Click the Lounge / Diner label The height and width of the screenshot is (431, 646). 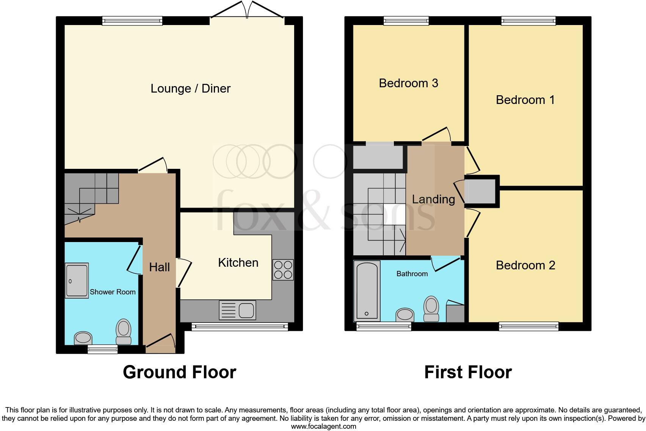point(190,88)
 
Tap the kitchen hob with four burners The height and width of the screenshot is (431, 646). point(283,270)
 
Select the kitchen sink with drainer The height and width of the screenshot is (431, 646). point(237,310)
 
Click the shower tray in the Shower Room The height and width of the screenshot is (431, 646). point(77,281)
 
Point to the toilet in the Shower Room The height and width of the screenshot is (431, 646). point(124,332)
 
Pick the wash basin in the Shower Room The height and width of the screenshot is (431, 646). point(83,338)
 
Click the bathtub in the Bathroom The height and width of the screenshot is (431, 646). point(367,290)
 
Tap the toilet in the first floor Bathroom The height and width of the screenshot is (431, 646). point(431,310)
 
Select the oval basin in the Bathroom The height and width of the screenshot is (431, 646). point(405,315)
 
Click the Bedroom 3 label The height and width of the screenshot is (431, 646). point(408,83)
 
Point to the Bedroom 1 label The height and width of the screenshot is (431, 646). point(525,100)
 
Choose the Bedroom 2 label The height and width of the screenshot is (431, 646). point(525,265)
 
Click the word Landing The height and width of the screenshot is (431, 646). point(433,199)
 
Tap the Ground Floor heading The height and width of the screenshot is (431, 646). point(179,372)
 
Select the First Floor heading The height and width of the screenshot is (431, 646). point(468,372)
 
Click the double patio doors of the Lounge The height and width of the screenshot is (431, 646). point(247,11)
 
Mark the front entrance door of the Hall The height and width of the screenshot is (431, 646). point(161,341)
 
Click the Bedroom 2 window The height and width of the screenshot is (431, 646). point(528,326)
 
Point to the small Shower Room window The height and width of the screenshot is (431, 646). point(102,349)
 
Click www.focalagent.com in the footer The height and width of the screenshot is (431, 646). point(323,426)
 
